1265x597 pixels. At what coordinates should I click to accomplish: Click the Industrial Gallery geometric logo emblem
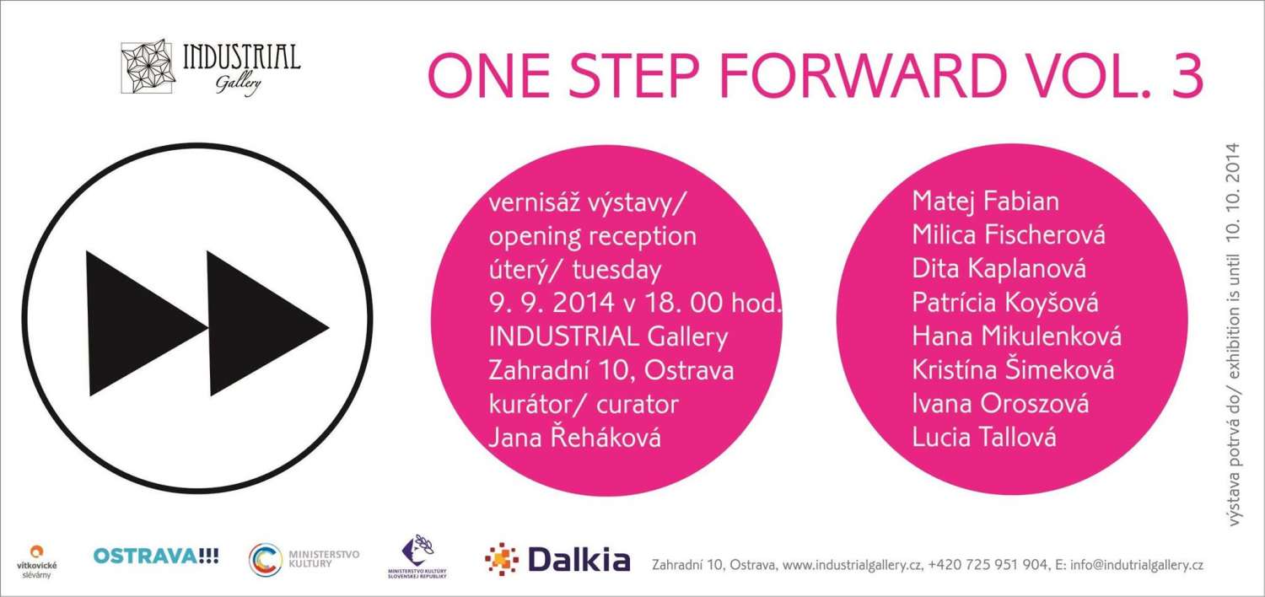[x=147, y=66]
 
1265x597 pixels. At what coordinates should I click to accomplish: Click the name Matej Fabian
[x=986, y=202]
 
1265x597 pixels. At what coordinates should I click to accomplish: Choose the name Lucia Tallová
[x=984, y=437]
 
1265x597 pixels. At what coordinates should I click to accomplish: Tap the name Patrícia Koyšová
[x=1005, y=303]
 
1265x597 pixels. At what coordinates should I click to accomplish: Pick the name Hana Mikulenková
[x=1016, y=336]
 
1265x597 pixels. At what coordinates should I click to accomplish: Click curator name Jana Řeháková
[x=574, y=438]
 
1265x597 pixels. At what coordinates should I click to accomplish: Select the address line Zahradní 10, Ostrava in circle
[x=611, y=371]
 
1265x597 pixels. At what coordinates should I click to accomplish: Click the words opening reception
[x=592, y=237]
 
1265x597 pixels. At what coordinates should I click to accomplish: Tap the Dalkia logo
[x=557, y=559]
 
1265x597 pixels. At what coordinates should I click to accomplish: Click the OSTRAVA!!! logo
[x=156, y=556]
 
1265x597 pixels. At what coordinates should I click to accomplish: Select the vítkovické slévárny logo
[x=37, y=562]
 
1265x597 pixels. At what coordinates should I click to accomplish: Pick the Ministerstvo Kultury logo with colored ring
[x=304, y=559]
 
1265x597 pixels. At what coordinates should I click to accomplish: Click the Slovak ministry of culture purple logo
[x=417, y=557]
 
